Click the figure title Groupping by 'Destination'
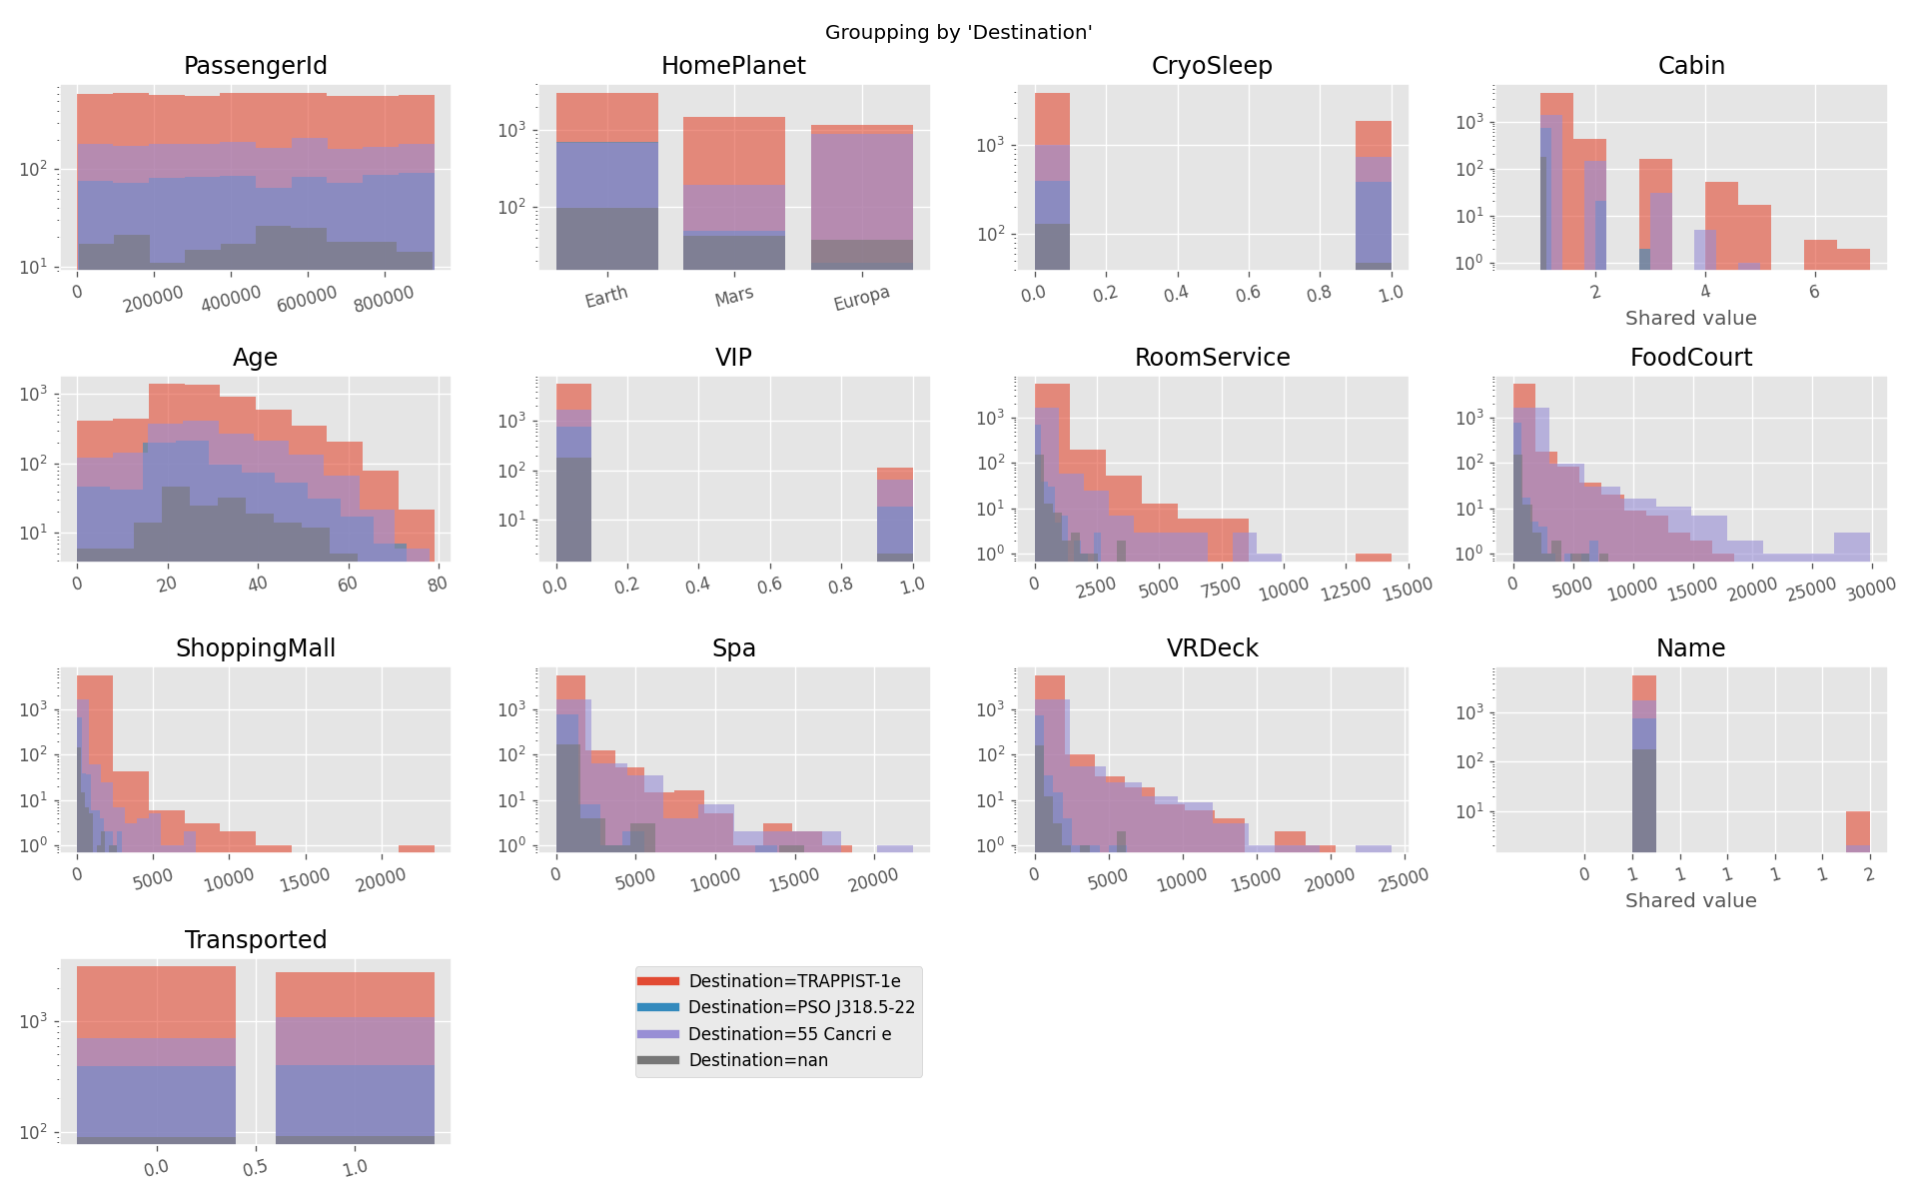(958, 33)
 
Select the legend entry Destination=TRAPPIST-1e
(794, 981)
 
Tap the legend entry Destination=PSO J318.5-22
(801, 1007)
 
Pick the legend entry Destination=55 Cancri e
(789, 1034)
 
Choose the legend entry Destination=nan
(757, 1060)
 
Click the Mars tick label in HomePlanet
(734, 297)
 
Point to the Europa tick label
(861, 298)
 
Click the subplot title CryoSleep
(1212, 66)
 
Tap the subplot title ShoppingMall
(256, 648)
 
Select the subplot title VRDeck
(1212, 648)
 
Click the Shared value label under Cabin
(1690, 319)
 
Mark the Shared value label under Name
(1690, 901)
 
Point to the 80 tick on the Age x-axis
(438, 585)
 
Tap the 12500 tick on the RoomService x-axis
(1346, 591)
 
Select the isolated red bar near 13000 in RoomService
(1373, 558)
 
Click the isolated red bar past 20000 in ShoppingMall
(416, 848)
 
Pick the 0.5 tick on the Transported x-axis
(255, 1167)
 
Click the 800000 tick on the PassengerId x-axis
(384, 299)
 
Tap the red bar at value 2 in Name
(1857, 827)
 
